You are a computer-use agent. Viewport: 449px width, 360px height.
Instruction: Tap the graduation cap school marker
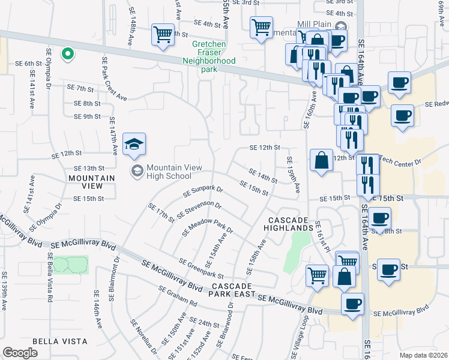coord(134,143)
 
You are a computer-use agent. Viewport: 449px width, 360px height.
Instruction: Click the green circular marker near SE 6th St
coord(68,54)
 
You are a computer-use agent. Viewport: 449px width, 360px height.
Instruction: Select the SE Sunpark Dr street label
coord(203,193)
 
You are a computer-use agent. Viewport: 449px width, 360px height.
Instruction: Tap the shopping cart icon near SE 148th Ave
coord(163,34)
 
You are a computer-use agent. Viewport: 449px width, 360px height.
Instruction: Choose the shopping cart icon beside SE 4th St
coord(261,27)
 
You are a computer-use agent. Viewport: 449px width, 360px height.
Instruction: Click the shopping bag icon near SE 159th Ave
coord(321,160)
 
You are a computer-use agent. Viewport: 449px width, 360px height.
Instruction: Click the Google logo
coord(20,353)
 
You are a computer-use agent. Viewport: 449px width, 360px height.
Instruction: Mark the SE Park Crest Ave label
coord(114,78)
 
